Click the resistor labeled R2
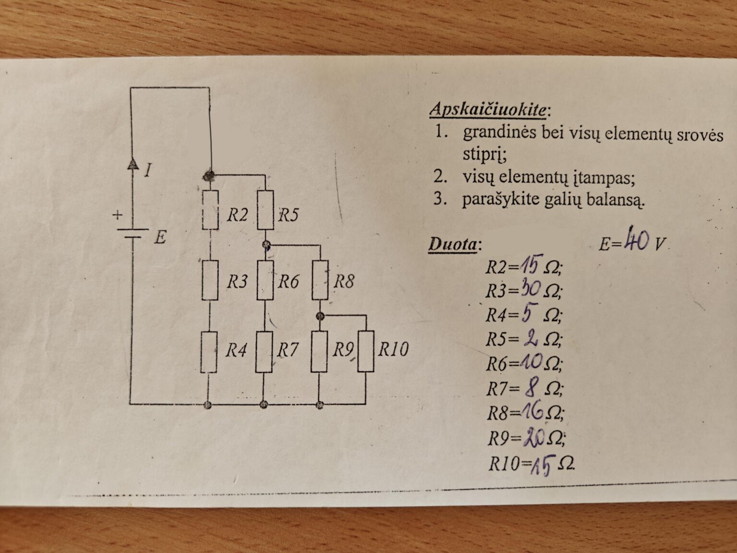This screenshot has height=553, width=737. [211, 210]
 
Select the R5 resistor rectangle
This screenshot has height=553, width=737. [265, 210]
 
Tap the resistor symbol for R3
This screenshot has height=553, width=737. [210, 280]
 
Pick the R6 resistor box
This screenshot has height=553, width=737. [265, 280]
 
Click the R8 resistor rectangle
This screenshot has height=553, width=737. [320, 280]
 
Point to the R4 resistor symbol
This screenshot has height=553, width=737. [209, 352]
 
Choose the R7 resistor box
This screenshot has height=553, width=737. [263, 352]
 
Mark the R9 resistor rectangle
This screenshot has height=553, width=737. [319, 351]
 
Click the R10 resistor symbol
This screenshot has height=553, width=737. [366, 351]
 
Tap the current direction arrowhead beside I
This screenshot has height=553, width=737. [133, 163]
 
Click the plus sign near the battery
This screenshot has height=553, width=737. [117, 215]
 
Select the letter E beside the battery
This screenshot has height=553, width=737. [160, 238]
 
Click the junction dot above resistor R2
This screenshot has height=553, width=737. [209, 175]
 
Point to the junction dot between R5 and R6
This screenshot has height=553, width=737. [267, 244]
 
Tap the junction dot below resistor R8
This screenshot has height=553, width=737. [321, 316]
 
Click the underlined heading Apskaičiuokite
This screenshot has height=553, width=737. [488, 110]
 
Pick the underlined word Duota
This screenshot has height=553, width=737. [452, 244]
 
